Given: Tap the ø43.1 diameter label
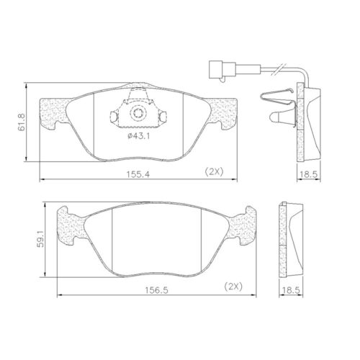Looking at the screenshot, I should click(x=138, y=136).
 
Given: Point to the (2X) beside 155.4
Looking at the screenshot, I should click(x=215, y=171).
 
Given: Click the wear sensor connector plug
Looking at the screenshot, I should click(x=216, y=70).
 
